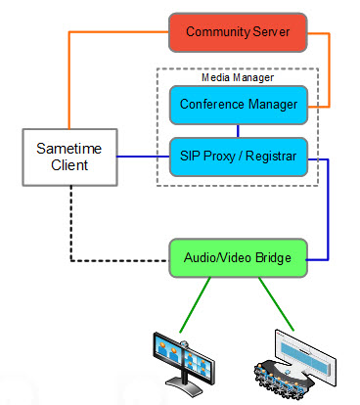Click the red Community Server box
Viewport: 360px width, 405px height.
238,31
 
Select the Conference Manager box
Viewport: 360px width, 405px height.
238,105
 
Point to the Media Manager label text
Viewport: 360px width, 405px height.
237,76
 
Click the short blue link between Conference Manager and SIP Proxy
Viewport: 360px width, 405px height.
238,131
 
